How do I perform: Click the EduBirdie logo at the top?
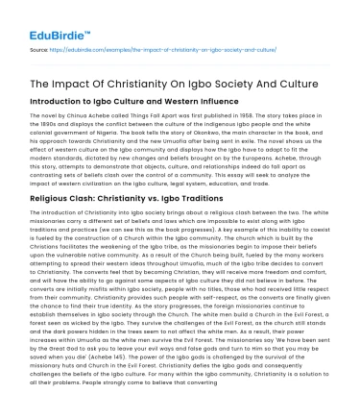(x=44, y=20)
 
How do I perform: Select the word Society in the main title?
(x=253, y=83)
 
